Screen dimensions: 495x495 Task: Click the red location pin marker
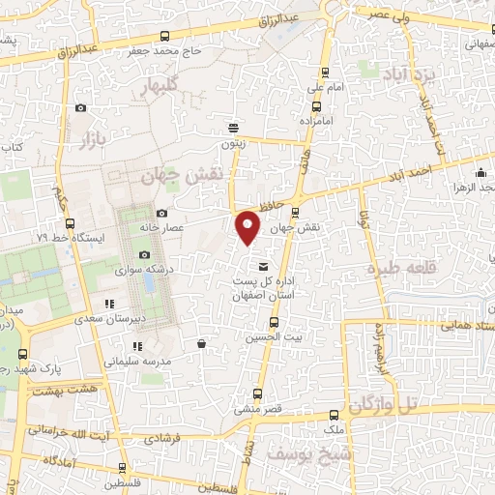coord(248,227)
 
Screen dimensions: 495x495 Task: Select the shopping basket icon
coord(201,343)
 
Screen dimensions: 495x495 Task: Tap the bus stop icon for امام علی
coord(324,73)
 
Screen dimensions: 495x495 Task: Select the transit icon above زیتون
coord(232,127)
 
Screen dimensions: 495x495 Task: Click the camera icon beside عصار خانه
coord(160,213)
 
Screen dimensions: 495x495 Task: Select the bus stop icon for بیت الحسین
coord(274,321)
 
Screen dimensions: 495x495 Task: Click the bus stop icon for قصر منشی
coord(256,393)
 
